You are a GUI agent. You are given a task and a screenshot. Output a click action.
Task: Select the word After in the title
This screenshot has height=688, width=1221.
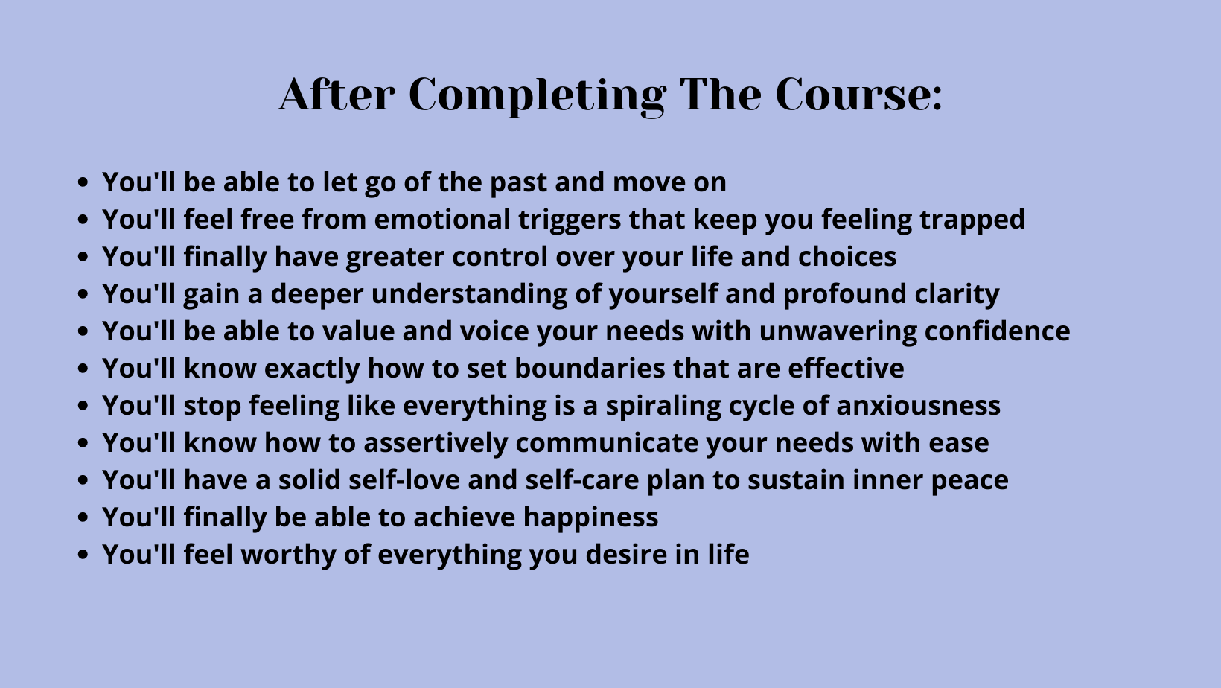(x=337, y=95)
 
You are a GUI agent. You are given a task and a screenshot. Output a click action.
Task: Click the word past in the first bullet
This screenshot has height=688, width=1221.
(x=518, y=183)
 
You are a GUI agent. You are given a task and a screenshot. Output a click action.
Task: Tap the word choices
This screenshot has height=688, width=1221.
(x=847, y=257)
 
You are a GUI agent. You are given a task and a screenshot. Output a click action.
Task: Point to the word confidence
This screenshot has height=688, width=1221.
(x=997, y=331)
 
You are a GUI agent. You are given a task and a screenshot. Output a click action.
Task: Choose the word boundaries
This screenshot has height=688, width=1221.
(x=590, y=368)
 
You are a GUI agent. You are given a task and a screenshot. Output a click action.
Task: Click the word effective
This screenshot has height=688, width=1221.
(x=846, y=368)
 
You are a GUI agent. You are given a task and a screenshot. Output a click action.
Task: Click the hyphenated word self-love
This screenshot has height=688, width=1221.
(x=404, y=480)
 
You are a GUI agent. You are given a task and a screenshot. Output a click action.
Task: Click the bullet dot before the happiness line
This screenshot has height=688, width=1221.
(x=83, y=517)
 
